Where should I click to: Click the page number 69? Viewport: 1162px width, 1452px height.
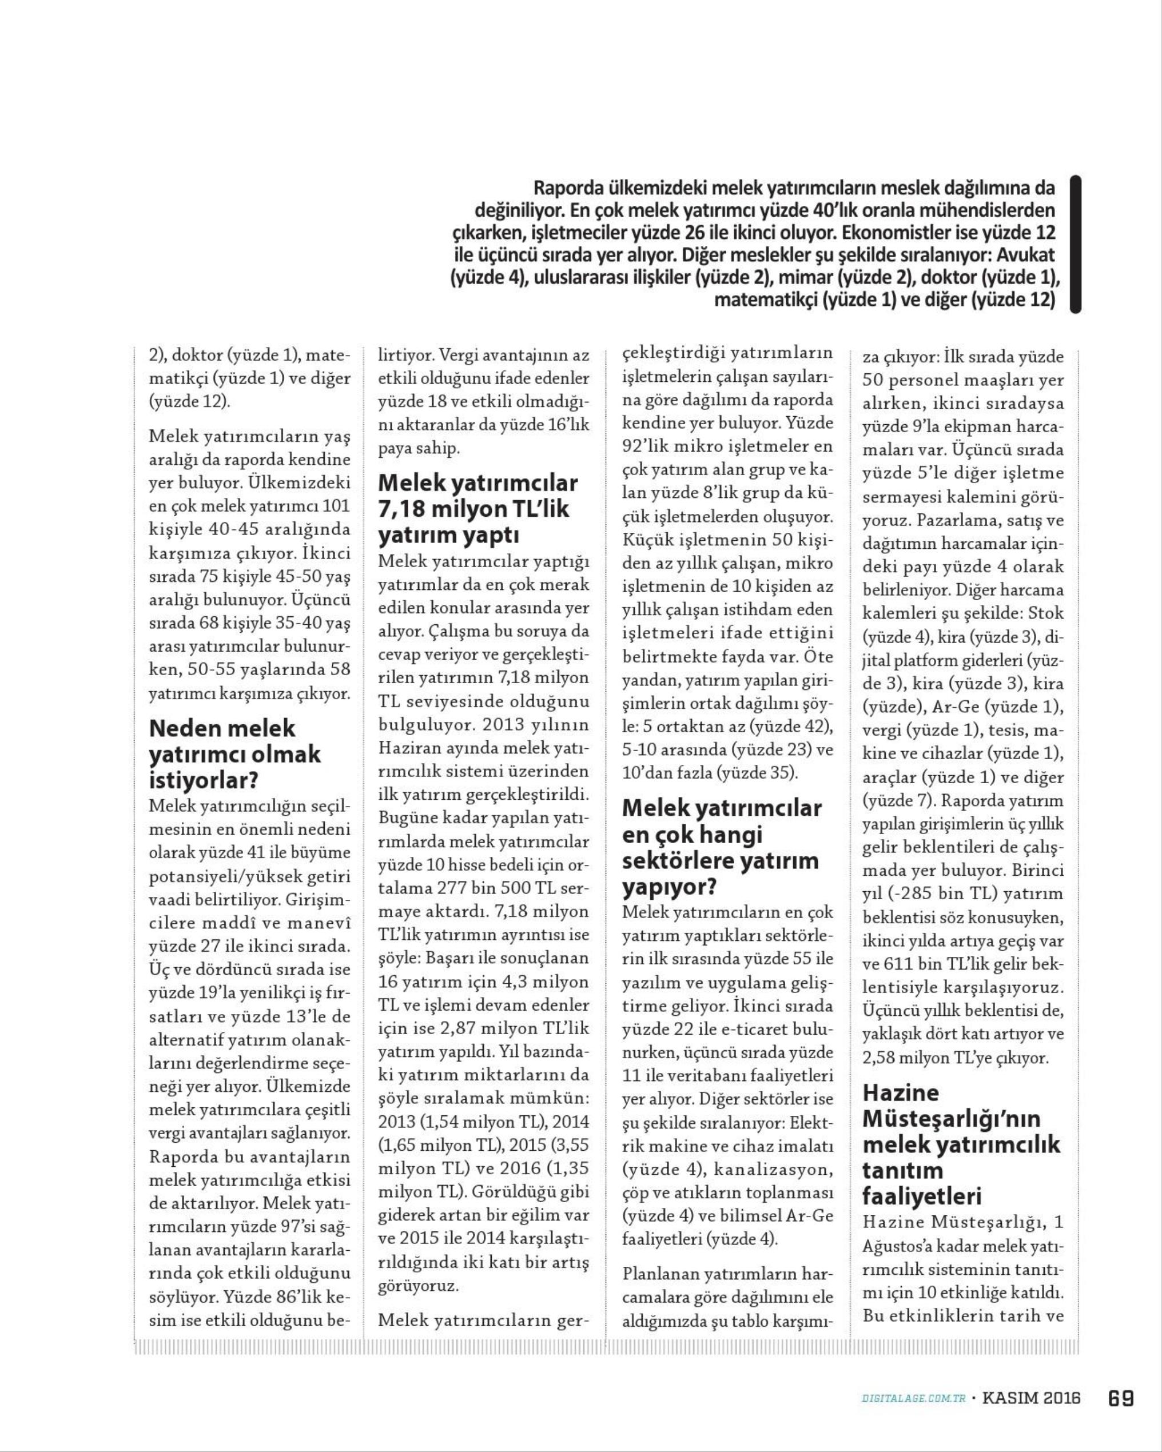(x=1121, y=1398)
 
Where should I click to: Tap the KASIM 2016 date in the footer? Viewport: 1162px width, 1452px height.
(x=1031, y=1398)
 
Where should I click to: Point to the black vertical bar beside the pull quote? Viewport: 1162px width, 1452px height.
(x=1075, y=244)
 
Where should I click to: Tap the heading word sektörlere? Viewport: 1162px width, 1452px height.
(x=676, y=861)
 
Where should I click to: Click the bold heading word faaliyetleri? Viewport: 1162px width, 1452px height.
(x=921, y=1196)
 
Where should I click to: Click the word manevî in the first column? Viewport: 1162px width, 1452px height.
(x=317, y=922)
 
